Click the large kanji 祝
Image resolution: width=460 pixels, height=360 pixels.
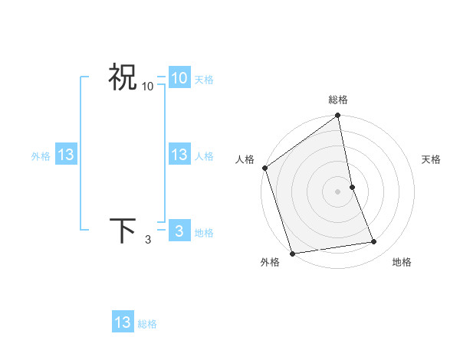[122, 77]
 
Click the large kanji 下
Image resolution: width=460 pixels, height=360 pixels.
[122, 231]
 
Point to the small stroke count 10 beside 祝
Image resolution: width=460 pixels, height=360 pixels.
[148, 87]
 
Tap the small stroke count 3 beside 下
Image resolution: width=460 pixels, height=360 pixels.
[148, 240]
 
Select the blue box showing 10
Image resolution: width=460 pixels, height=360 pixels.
[179, 78]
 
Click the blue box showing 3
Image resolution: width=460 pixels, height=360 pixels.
[179, 231]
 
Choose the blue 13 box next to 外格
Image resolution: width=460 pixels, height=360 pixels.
[66, 155]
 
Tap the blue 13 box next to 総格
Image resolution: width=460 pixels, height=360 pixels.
[122, 322]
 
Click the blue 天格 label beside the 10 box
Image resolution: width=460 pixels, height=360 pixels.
[204, 80]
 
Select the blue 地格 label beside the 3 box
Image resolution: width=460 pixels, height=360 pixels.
[204, 233]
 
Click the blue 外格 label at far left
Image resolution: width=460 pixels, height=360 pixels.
[41, 156]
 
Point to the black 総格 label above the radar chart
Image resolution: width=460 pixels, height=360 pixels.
[338, 100]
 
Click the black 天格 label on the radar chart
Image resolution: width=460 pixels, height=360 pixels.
[432, 159]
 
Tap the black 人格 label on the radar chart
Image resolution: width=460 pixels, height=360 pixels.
[245, 159]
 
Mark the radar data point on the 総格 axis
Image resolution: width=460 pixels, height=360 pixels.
[338, 116]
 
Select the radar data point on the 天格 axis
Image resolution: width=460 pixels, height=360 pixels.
[352, 187]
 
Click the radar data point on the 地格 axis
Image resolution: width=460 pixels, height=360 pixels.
[374, 242]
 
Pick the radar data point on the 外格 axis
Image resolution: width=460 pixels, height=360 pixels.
[292, 254]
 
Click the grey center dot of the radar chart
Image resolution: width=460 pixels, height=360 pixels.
[338, 191]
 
